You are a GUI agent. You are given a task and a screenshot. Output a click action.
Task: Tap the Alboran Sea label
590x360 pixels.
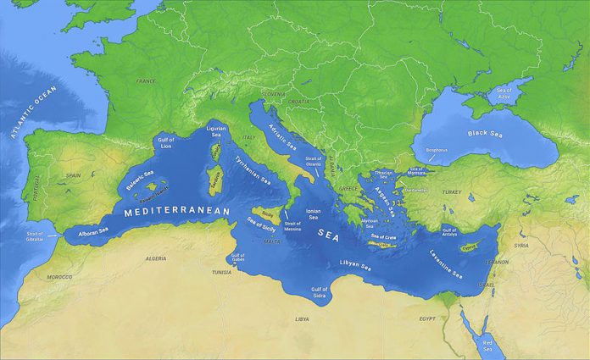click(x=92, y=230)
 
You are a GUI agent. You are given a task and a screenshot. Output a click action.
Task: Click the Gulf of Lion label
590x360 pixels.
click(x=165, y=143)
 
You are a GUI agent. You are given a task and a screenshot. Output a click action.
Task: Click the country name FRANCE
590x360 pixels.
click(x=146, y=81)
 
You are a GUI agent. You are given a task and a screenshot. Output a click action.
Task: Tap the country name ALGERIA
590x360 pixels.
click(x=155, y=258)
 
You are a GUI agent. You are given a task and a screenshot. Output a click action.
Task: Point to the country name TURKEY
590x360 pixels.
click(x=452, y=192)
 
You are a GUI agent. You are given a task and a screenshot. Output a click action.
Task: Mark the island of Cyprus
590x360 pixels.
click(x=467, y=247)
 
